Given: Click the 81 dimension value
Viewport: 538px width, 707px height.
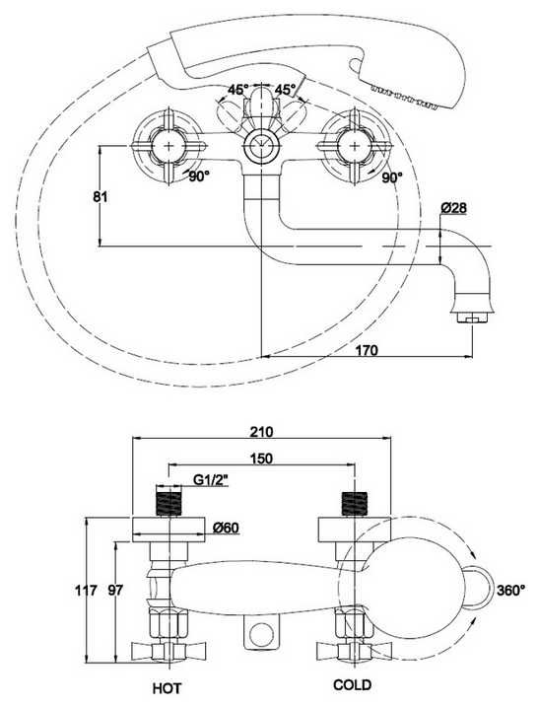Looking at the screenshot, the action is pyautogui.click(x=101, y=197).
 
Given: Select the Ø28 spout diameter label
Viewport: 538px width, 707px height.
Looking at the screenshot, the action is pyautogui.click(x=453, y=208).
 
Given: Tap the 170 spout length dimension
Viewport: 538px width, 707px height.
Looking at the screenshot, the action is pyautogui.click(x=367, y=350).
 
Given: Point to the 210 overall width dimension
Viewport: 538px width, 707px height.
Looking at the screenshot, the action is pyautogui.click(x=261, y=432).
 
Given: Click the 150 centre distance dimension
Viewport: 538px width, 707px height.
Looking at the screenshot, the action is pyautogui.click(x=261, y=459).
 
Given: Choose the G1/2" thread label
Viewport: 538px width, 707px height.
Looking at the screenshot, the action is pyautogui.click(x=211, y=481).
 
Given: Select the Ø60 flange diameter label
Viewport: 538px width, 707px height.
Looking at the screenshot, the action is pyautogui.click(x=226, y=528).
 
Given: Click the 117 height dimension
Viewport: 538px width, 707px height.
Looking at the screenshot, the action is pyautogui.click(x=86, y=591).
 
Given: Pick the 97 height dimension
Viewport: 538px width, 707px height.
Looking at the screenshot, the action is pyautogui.click(x=115, y=591).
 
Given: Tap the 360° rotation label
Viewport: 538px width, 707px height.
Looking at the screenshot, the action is pyautogui.click(x=511, y=591).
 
